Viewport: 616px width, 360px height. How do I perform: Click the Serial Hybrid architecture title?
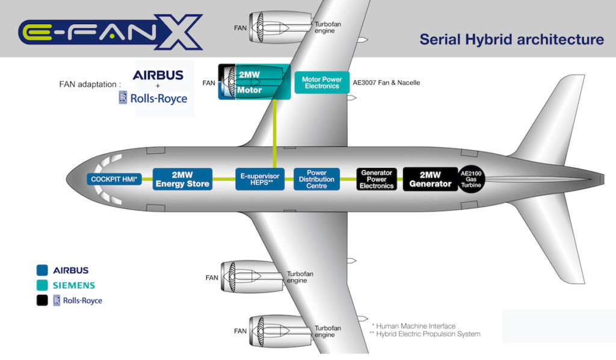pyautogui.click(x=511, y=40)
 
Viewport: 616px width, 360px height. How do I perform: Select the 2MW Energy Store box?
pyautogui.click(x=182, y=179)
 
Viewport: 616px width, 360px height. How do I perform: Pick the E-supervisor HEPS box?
pyautogui.click(x=260, y=179)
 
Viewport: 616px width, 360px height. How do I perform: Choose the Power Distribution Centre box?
pyautogui.click(x=316, y=179)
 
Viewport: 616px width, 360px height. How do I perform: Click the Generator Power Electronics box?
pyautogui.click(x=376, y=179)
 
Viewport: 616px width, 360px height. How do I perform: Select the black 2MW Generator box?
pyautogui.click(x=430, y=179)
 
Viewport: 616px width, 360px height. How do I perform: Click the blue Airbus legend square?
pyautogui.click(x=42, y=270)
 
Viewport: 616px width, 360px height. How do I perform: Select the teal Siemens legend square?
pyautogui.click(x=42, y=285)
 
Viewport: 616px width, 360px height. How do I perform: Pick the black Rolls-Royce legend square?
pyautogui.click(x=42, y=300)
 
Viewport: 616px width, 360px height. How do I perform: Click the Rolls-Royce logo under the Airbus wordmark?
pyautogui.click(x=153, y=98)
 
